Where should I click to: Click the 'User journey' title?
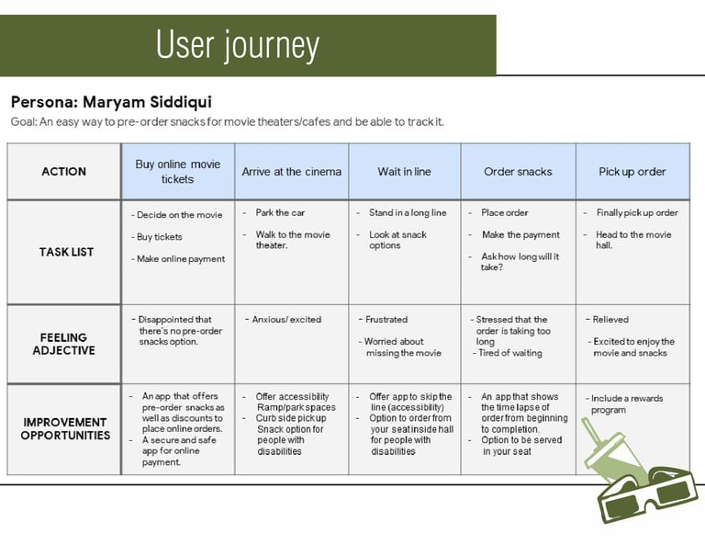pos(237,45)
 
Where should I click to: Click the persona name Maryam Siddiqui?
pos(111,102)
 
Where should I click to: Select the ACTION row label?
pos(64,172)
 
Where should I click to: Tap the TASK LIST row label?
pos(66,252)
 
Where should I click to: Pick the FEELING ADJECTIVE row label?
pos(64,344)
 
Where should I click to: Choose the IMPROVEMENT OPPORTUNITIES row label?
pos(65,428)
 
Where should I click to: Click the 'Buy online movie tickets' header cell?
pos(178,172)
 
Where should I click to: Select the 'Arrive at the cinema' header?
pos(291,172)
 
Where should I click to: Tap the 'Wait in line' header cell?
pos(404,172)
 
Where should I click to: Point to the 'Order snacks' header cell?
pos(518,172)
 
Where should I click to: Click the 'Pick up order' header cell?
pos(632,172)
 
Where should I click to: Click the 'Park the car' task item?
pos(280,213)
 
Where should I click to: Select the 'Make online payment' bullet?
pos(181,259)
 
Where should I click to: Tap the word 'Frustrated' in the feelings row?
pos(386,320)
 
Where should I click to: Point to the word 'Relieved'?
pos(610,320)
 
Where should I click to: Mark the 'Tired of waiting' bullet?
pos(511,353)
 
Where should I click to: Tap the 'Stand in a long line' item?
pos(408,213)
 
